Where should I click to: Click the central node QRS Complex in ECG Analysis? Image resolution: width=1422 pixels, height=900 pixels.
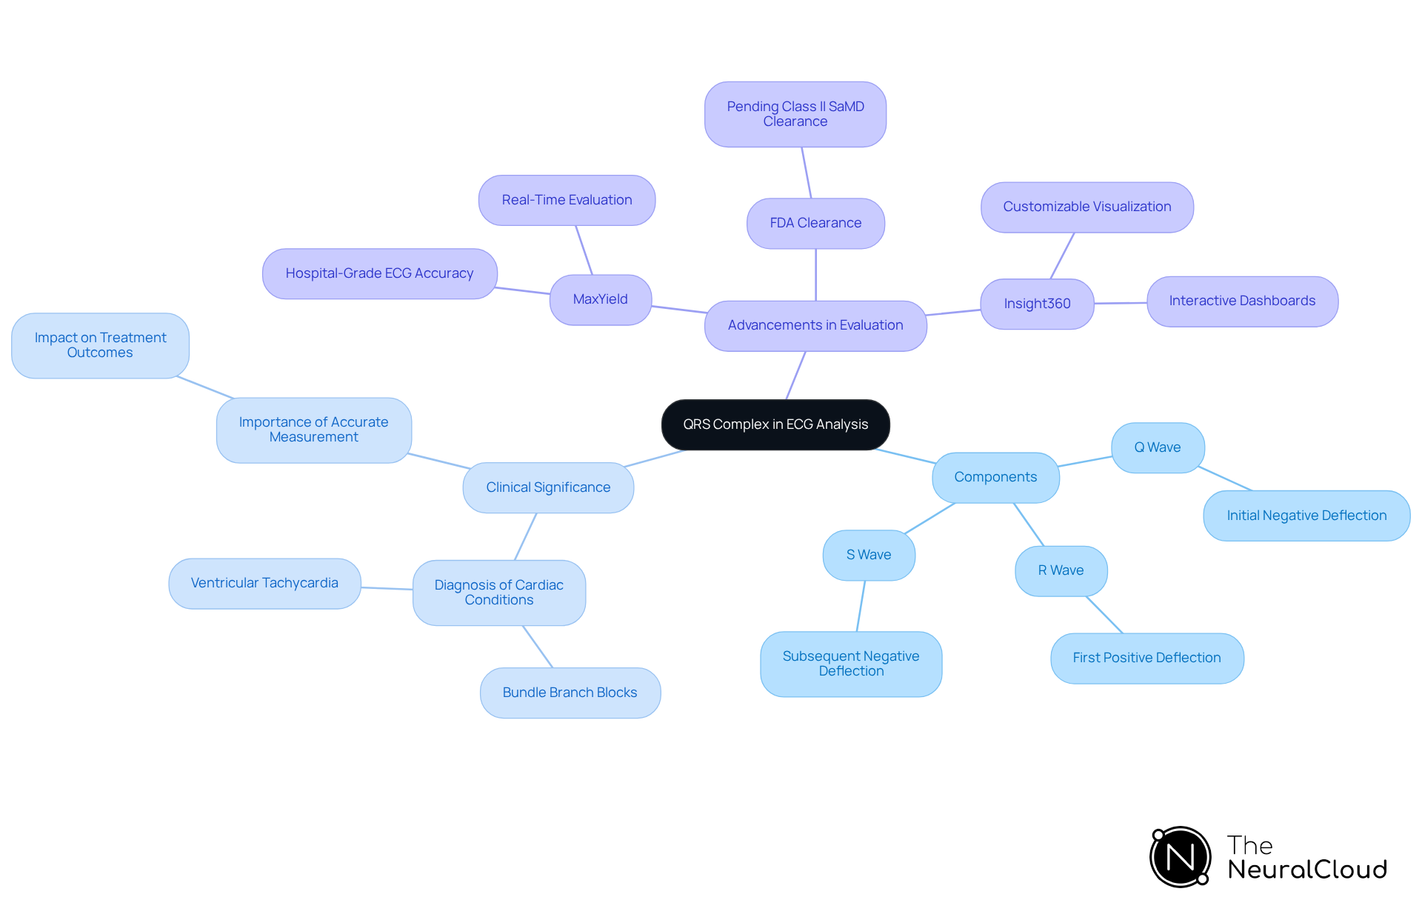click(x=775, y=424)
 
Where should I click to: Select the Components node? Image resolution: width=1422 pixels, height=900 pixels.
click(x=995, y=477)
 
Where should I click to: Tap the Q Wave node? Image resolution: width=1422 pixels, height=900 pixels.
click(x=1158, y=447)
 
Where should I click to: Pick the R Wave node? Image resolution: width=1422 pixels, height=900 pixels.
click(x=1061, y=570)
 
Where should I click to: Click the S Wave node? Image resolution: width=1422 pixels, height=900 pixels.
click(x=869, y=555)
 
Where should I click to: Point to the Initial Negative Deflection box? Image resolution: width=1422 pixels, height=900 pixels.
click(x=1306, y=516)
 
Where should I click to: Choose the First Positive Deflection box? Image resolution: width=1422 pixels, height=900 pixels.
click(x=1146, y=658)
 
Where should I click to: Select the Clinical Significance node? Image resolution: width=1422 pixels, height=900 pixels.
click(x=548, y=487)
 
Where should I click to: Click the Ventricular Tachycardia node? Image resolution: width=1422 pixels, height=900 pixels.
click(x=264, y=583)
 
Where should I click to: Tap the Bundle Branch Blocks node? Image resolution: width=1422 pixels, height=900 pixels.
click(x=570, y=693)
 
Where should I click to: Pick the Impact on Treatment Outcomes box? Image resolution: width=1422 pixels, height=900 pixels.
click(x=100, y=345)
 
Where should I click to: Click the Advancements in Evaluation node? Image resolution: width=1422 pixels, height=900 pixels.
click(x=815, y=325)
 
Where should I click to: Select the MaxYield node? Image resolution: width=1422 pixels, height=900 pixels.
click(x=601, y=299)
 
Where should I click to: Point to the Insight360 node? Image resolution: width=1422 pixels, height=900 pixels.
click(x=1037, y=304)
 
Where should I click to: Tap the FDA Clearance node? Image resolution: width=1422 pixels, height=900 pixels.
click(x=815, y=223)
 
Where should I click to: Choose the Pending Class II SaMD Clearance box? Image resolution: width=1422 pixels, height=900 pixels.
click(x=795, y=114)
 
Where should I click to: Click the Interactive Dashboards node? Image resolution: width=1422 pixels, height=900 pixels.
click(x=1242, y=301)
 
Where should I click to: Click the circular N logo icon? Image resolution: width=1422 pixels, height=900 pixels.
click(x=1181, y=857)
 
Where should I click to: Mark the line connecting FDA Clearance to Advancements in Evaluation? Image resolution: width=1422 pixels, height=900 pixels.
click(x=816, y=275)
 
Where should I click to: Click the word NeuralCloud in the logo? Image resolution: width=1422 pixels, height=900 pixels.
click(x=1307, y=870)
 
